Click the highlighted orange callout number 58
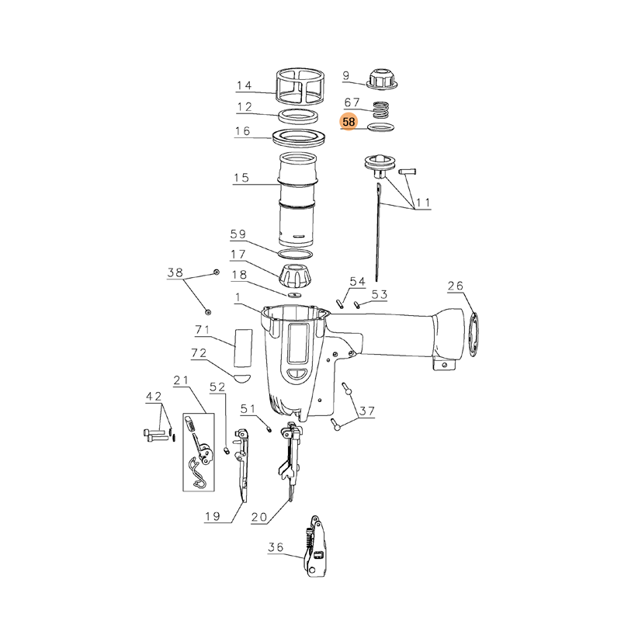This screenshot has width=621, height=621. [349, 122]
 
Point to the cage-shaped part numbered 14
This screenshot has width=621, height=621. [300, 86]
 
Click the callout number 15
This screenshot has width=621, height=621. [241, 178]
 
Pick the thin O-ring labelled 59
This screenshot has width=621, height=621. [296, 254]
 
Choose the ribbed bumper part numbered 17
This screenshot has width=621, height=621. [296, 276]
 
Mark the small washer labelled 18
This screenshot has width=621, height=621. [295, 295]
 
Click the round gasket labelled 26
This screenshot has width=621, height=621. [474, 335]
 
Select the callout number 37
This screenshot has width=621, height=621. [366, 411]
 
